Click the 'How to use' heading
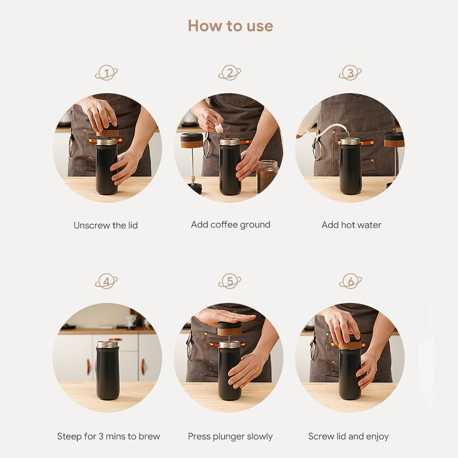point(230,26)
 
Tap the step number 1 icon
point(106,73)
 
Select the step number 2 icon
point(229,73)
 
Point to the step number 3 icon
point(350,73)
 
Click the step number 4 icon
point(106,281)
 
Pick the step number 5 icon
point(229,281)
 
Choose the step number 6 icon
point(350,281)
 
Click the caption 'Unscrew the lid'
point(105,225)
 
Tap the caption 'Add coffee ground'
point(230,225)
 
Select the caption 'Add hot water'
point(351,225)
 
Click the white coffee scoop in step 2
point(219,129)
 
